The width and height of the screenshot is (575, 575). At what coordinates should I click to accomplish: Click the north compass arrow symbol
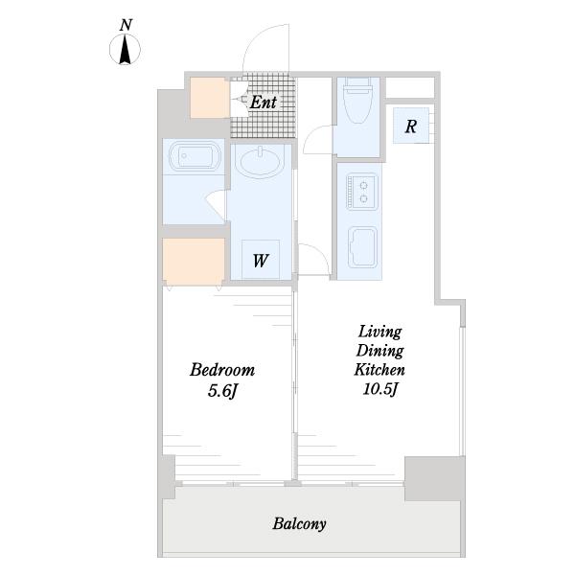[x=125, y=49]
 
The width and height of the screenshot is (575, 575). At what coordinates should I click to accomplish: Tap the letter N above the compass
[x=126, y=25]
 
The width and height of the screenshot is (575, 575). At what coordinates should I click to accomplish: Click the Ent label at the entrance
[x=264, y=102]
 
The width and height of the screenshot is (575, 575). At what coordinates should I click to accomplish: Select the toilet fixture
[x=357, y=101]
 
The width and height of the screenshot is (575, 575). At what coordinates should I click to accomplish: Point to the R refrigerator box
[x=411, y=126]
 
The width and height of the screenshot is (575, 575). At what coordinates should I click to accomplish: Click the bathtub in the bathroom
[x=195, y=156]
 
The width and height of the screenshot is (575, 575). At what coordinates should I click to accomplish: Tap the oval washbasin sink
[x=260, y=162]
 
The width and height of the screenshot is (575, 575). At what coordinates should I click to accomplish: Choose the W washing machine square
[x=261, y=260]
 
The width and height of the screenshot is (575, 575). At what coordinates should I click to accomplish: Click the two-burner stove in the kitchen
[x=362, y=192]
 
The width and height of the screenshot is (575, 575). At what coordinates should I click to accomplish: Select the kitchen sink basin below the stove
[x=362, y=247]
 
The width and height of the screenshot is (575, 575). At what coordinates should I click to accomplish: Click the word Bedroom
[x=222, y=370]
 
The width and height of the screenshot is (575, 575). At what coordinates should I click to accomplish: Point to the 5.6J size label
[x=223, y=391]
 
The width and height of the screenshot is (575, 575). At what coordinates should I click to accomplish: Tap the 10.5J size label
[x=380, y=389]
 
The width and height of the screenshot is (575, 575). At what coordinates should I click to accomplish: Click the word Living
[x=379, y=332]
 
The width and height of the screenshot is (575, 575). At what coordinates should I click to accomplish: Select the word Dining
[x=379, y=351]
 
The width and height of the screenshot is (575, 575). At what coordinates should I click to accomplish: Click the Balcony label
[x=299, y=523]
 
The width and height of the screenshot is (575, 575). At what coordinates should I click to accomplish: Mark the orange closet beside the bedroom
[x=194, y=261]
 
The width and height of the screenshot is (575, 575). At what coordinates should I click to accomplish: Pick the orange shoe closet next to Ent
[x=210, y=98]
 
